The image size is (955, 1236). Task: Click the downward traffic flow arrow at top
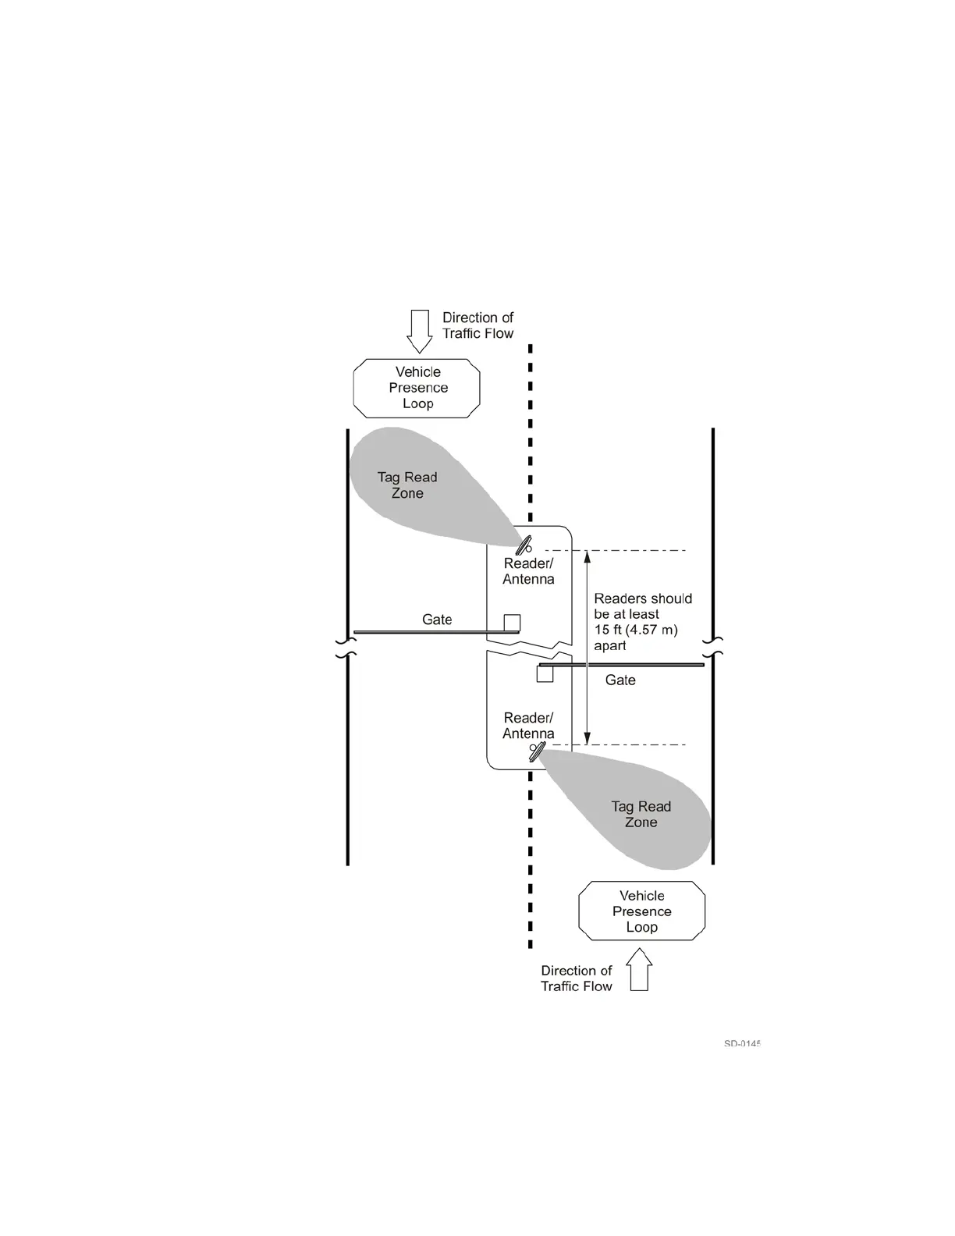(420, 331)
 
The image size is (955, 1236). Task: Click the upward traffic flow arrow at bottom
(639, 969)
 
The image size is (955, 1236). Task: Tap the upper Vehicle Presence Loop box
(417, 388)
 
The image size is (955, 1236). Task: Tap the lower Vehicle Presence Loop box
(641, 911)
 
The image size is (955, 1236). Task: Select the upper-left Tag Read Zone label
(407, 485)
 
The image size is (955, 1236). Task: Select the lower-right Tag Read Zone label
(641, 814)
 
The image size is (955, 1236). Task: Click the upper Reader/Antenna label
(528, 571)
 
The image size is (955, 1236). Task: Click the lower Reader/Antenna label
(528, 726)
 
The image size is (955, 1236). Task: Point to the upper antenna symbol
(524, 545)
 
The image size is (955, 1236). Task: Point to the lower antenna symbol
(536, 751)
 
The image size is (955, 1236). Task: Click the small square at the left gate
(512, 623)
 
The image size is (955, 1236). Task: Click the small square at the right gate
(545, 673)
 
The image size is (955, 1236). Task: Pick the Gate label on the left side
(437, 620)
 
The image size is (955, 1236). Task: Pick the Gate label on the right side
(620, 680)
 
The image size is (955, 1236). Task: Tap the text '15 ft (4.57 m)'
(636, 630)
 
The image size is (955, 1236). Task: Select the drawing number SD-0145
(741, 1043)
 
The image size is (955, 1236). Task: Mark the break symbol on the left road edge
(346, 648)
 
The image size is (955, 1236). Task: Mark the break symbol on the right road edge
(713, 647)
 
